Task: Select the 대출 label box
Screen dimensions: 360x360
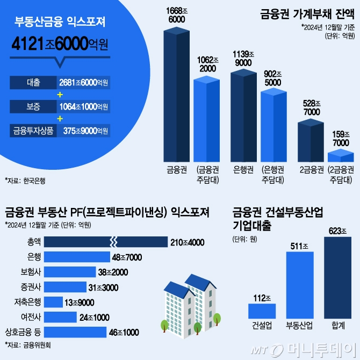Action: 33,83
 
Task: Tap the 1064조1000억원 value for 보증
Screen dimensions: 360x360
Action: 84,106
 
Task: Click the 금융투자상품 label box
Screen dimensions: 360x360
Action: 33,131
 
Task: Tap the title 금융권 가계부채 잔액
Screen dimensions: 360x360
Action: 303,12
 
